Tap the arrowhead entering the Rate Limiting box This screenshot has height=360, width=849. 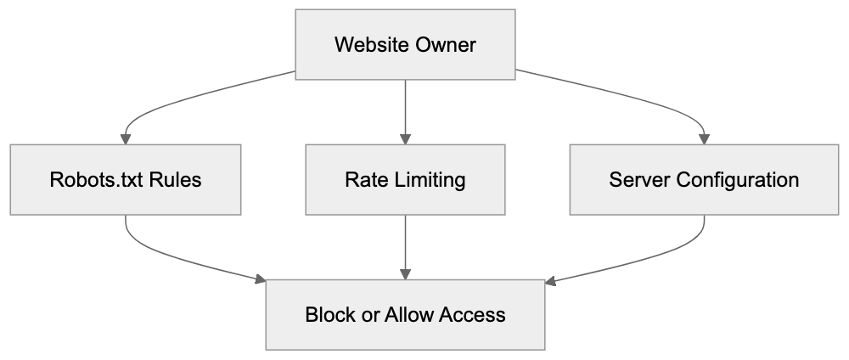[x=406, y=138]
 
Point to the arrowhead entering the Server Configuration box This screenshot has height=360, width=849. [x=705, y=138]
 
